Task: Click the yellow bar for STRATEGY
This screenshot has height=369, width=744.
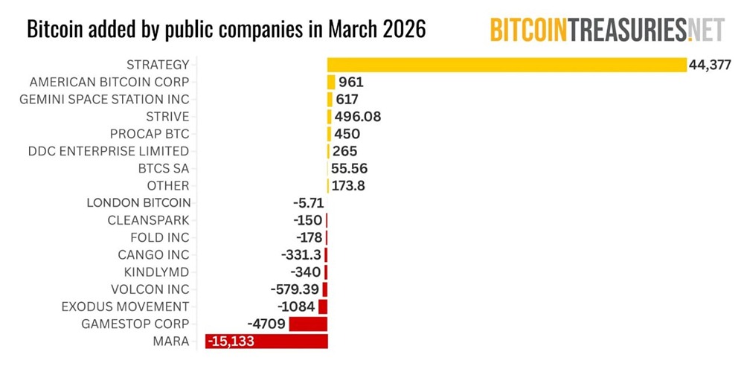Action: pyautogui.click(x=506, y=65)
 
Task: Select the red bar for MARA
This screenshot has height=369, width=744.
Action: pyautogui.click(x=266, y=341)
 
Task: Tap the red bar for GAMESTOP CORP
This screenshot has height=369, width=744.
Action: pyautogui.click(x=308, y=324)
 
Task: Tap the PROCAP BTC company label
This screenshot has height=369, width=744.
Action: pyautogui.click(x=150, y=134)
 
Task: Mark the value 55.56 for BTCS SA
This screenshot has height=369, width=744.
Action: pyautogui.click(x=349, y=168)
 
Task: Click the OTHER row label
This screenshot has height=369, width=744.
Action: pyautogui.click(x=168, y=185)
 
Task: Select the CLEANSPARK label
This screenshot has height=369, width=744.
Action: pyautogui.click(x=148, y=220)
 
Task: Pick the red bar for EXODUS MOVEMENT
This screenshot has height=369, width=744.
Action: pyautogui.click(x=323, y=307)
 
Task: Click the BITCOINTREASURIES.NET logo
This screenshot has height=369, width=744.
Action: pyautogui.click(x=606, y=29)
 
